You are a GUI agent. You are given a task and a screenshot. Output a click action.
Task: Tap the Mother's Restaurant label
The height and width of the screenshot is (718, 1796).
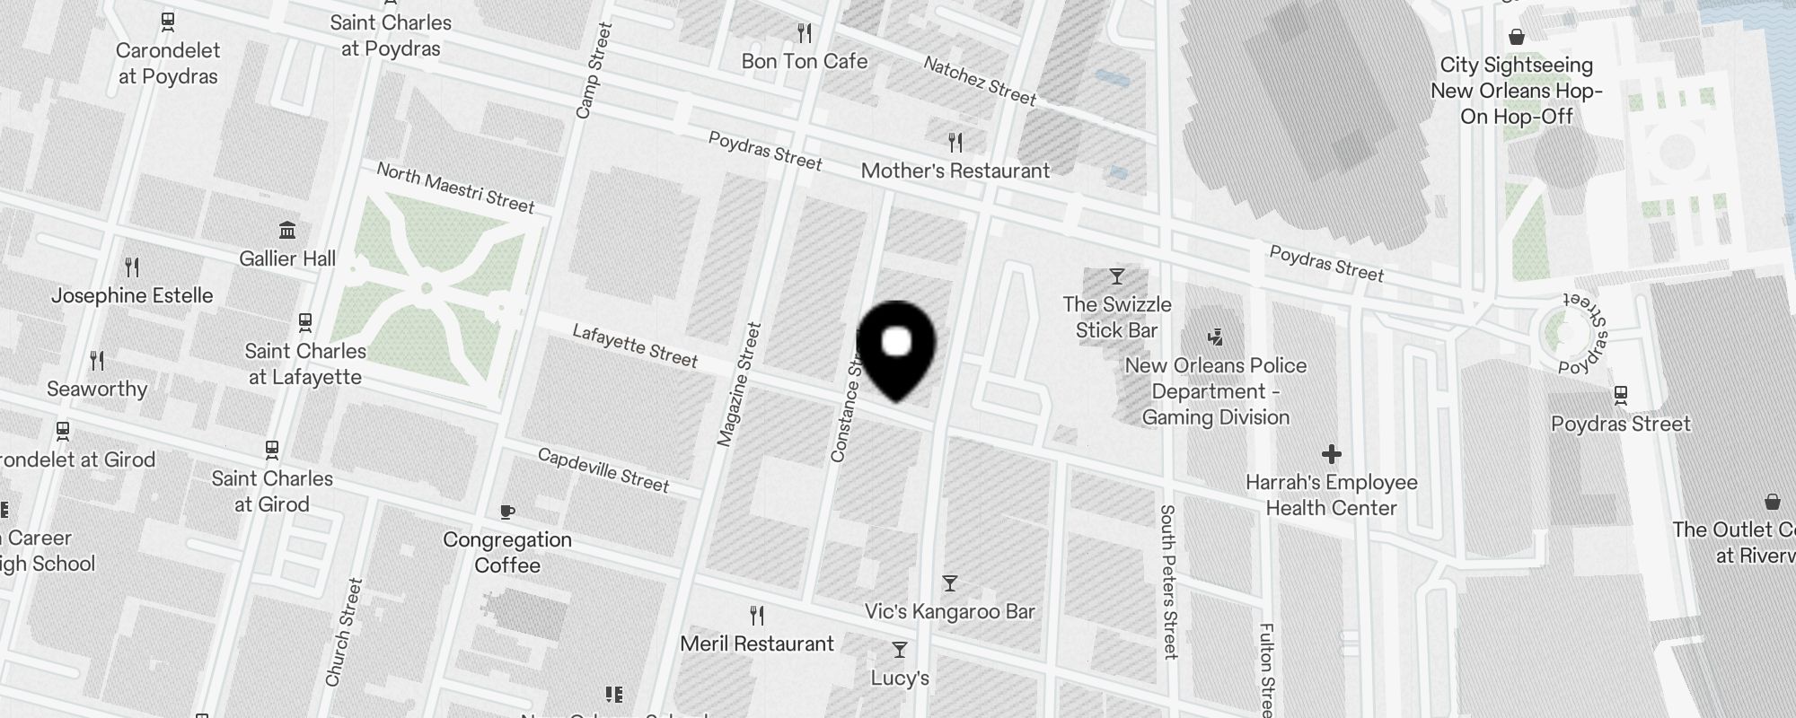tap(955, 171)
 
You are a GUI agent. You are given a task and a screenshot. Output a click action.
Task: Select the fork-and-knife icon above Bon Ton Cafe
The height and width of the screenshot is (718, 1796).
tap(805, 33)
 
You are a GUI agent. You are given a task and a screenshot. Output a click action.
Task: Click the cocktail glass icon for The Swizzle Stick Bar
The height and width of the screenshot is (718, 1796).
tap(1117, 276)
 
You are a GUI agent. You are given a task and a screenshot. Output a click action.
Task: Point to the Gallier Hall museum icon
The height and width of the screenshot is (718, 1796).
tap(287, 231)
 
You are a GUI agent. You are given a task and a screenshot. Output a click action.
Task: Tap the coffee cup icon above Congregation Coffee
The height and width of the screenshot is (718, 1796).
tap(507, 512)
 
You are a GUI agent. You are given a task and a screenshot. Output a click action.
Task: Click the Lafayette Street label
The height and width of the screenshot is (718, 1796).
tap(635, 346)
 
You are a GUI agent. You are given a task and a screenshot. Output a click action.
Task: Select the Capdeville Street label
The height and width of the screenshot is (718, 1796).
tap(603, 470)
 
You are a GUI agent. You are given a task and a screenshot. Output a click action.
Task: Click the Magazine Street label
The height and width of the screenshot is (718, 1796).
tap(739, 384)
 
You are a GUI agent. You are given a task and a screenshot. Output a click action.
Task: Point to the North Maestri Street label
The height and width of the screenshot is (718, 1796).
tap(455, 188)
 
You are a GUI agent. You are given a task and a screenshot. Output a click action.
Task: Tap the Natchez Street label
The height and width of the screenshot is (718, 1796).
tap(980, 81)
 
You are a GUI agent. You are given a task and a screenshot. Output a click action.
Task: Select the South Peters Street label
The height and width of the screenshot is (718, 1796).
tap(1168, 582)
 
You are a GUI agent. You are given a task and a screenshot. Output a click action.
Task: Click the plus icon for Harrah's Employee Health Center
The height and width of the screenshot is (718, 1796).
tap(1332, 454)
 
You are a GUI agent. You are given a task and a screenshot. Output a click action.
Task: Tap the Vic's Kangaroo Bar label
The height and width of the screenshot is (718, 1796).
tap(949, 611)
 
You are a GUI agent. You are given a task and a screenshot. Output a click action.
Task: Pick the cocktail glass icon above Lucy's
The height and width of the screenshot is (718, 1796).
tap(900, 649)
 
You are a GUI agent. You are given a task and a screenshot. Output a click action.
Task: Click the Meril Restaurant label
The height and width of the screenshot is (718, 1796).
tap(757, 644)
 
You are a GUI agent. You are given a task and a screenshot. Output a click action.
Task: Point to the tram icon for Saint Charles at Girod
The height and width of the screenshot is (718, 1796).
tap(272, 449)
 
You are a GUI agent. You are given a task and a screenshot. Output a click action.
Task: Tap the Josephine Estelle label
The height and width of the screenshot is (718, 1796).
tap(132, 295)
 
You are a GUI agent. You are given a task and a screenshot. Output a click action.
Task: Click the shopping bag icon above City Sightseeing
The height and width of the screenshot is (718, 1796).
tap(1517, 37)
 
